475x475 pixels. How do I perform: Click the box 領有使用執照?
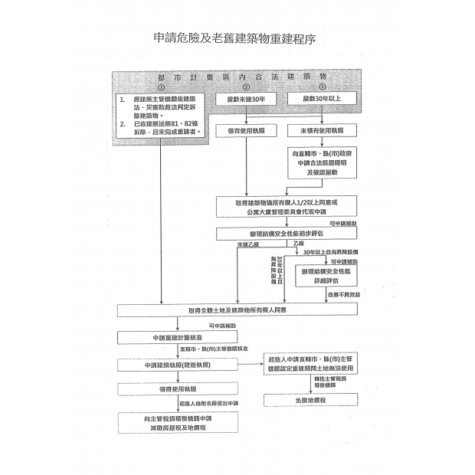(x=246, y=131)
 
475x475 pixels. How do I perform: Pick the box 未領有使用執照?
(x=322, y=131)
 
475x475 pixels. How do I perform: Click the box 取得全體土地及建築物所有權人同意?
(x=237, y=310)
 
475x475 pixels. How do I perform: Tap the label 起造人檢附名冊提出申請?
(x=209, y=403)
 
